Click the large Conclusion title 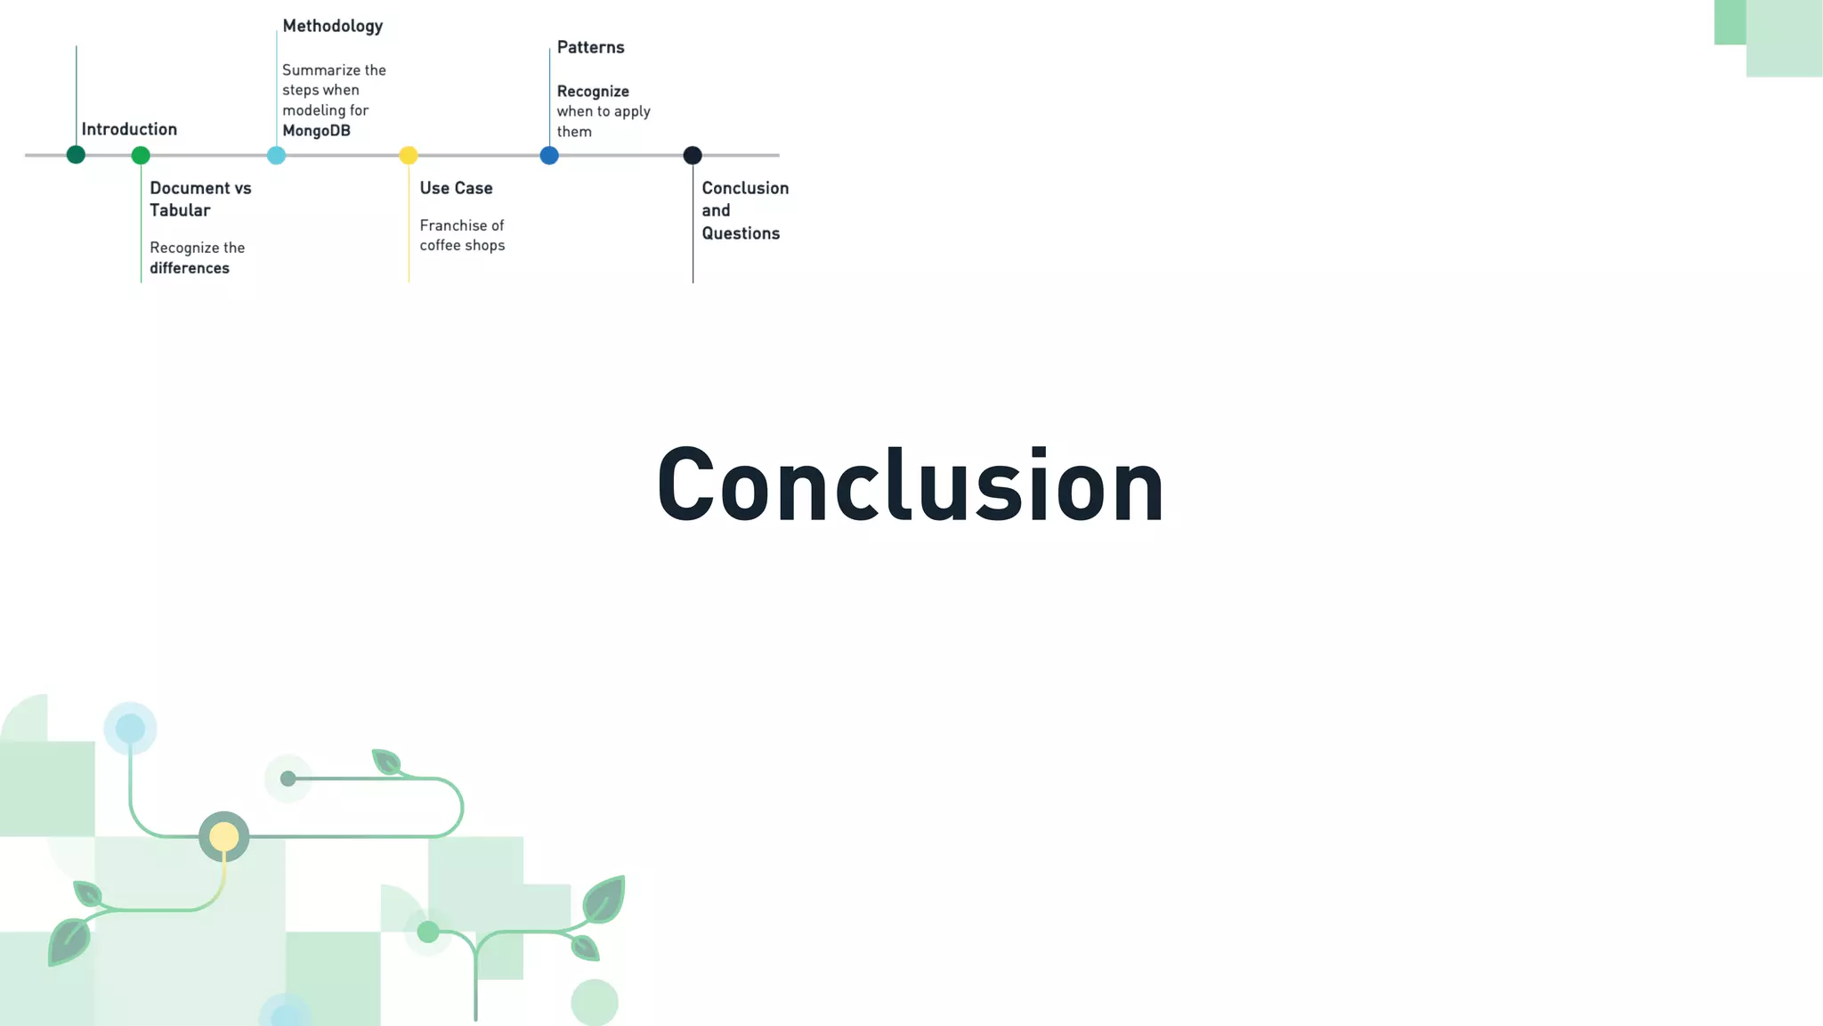click(910, 485)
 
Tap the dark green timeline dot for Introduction click(76, 155)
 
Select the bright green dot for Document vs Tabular click(141, 156)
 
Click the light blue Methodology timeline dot click(276, 156)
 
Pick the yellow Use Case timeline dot click(409, 156)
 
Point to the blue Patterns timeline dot click(549, 156)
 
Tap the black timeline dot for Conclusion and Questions click(693, 156)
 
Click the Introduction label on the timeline click(129, 129)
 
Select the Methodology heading click(332, 26)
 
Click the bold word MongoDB click(316, 131)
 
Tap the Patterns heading click(590, 47)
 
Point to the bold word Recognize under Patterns click(593, 92)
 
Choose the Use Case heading click(456, 188)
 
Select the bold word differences click(190, 268)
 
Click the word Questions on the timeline click(741, 233)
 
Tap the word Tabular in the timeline click(180, 210)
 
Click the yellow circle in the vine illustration click(223, 836)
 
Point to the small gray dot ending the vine click(288, 779)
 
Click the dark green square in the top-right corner click(1729, 21)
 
